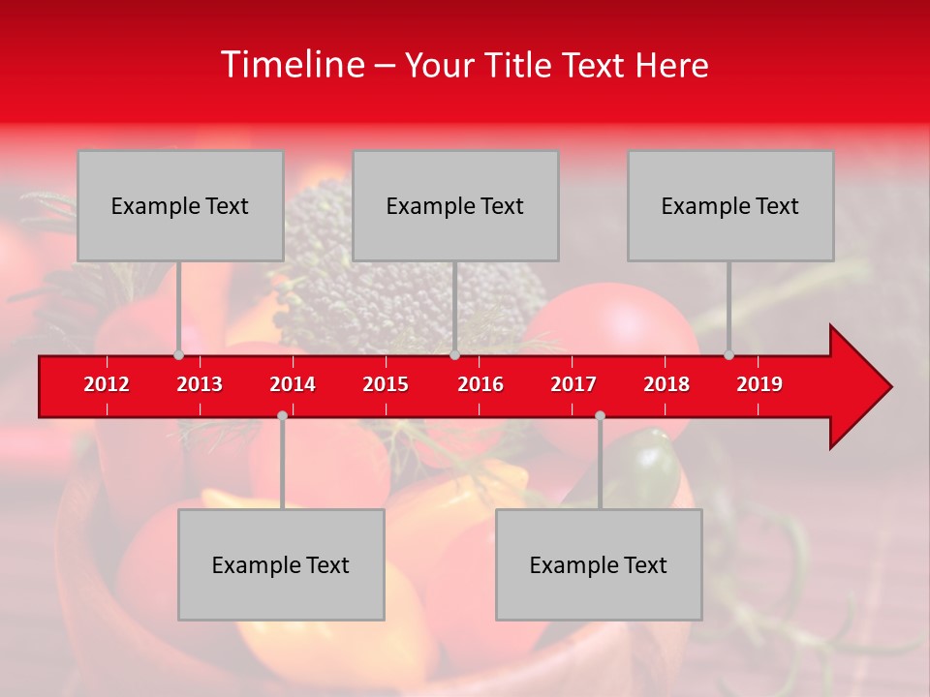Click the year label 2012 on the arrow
point(107,384)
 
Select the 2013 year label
point(200,384)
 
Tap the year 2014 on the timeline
point(293,384)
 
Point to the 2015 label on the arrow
point(386,384)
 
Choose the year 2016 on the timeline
point(480,384)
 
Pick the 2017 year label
point(573,384)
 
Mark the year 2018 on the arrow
point(666,384)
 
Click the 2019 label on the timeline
point(759,384)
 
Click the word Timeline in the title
point(291,65)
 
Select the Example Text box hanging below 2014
point(281,564)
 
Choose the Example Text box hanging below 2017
point(599,564)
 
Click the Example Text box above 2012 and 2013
point(180,205)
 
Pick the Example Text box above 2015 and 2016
point(455,205)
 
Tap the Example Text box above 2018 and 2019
point(730,205)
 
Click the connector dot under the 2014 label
point(282,415)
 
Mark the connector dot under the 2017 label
point(600,415)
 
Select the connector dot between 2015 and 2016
point(454,355)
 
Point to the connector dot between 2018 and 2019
point(728,355)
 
